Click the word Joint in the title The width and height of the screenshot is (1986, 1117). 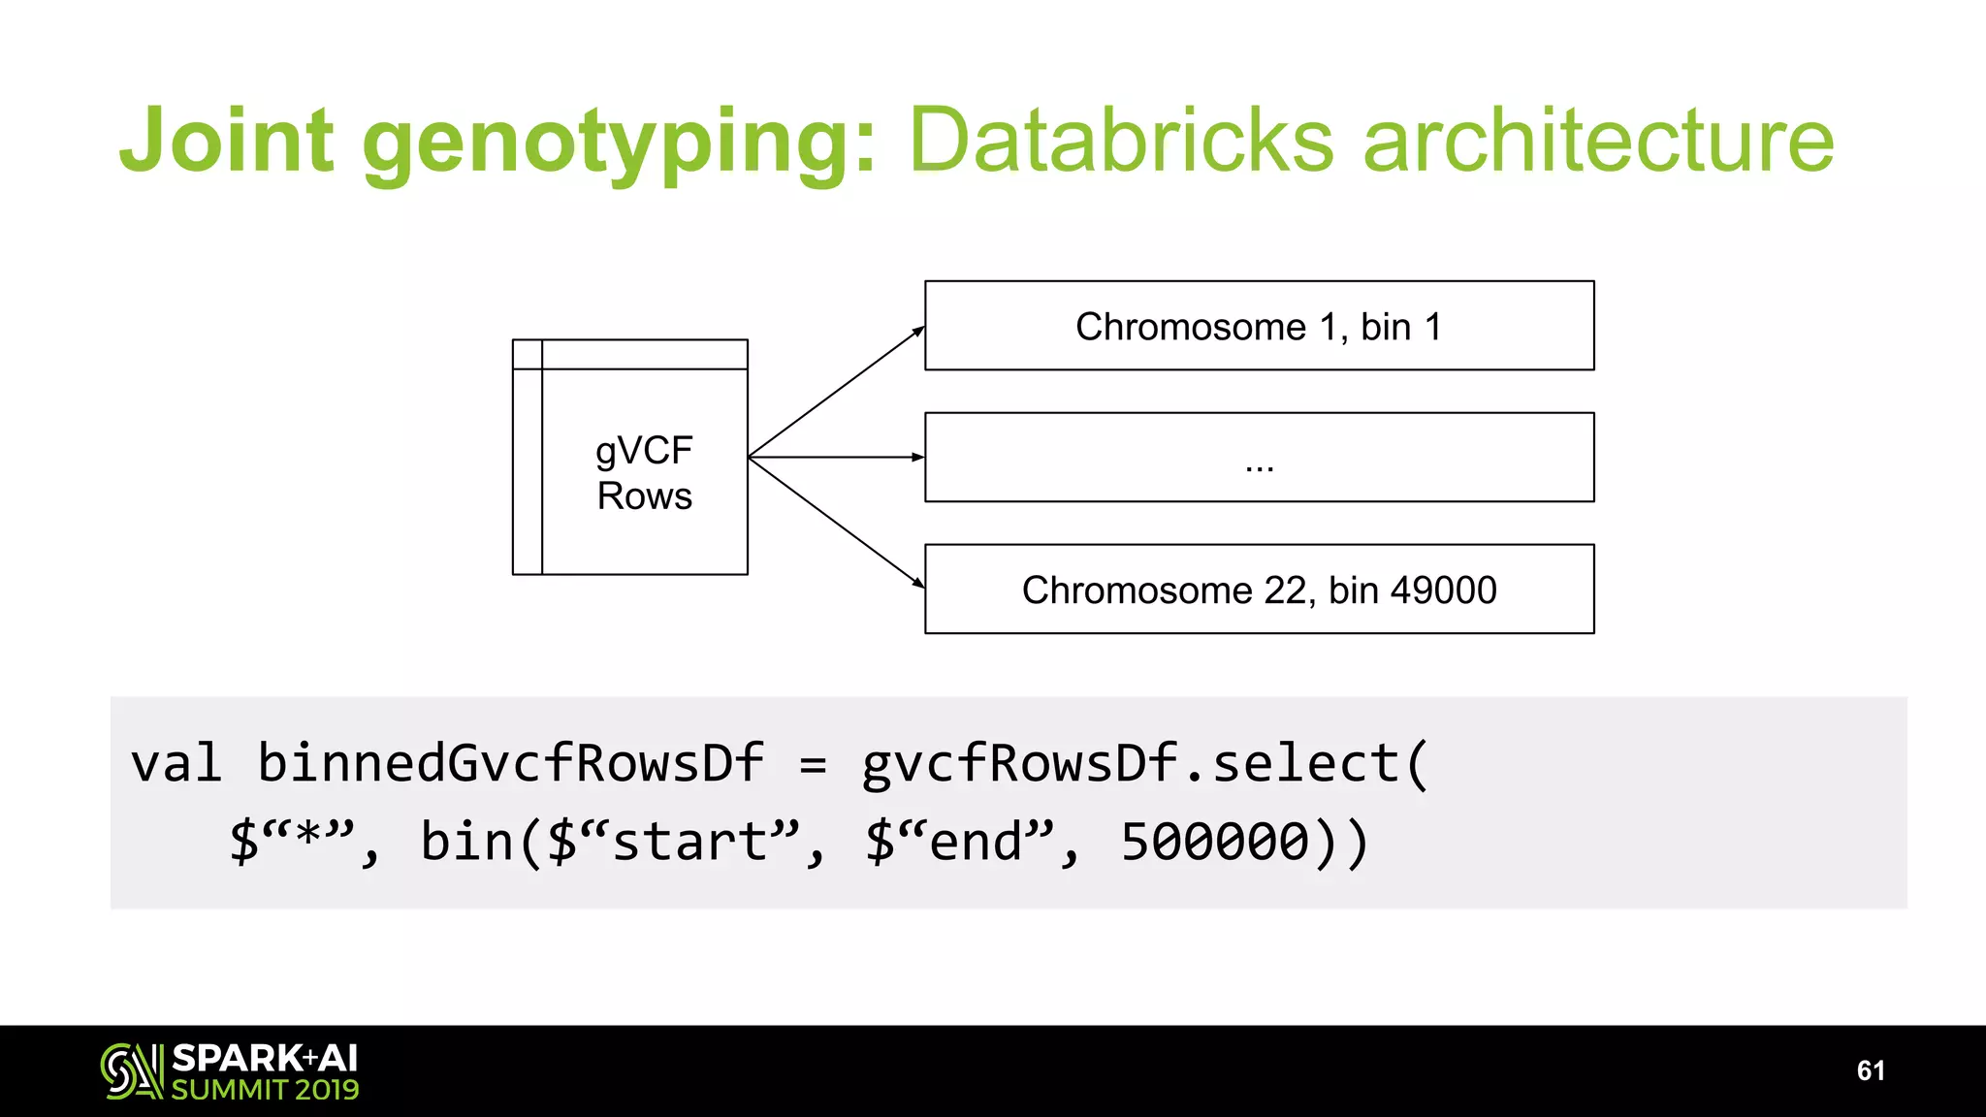click(227, 141)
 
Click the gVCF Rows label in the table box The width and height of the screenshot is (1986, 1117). click(644, 473)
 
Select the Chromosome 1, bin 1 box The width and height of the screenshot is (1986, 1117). click(1259, 326)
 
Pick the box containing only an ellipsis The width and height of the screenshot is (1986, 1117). click(1259, 458)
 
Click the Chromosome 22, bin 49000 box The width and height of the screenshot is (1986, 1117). click(1259, 590)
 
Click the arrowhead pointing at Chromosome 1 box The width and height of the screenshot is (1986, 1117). click(918, 332)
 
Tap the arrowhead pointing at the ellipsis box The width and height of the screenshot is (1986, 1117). click(917, 457)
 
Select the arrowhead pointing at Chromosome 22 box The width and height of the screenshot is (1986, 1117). click(918, 583)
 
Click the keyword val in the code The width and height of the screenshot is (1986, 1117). click(176, 763)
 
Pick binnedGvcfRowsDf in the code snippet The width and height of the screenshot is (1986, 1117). click(510, 763)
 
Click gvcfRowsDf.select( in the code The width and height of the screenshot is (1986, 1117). click(1144, 763)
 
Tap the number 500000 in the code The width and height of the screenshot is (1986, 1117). click(1214, 841)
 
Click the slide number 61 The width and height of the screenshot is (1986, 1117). click(1871, 1070)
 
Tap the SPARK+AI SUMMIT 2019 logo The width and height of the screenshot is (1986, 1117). click(230, 1071)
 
